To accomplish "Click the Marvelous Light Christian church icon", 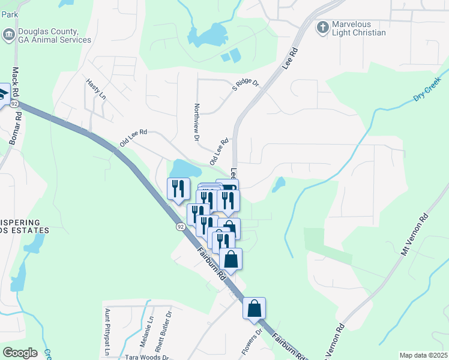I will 322,26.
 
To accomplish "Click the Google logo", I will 20,353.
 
